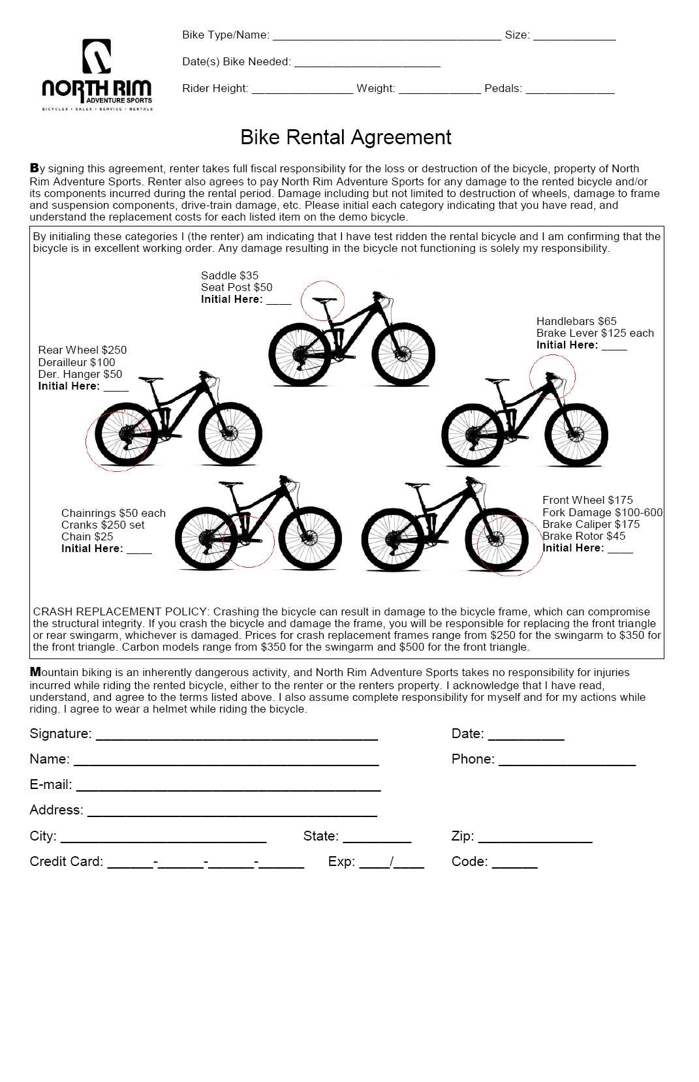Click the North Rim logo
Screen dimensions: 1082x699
pos(97,74)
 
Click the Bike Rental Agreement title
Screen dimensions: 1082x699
pos(345,137)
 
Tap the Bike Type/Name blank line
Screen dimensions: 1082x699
pos(386,37)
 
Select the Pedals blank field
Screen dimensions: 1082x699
pos(569,89)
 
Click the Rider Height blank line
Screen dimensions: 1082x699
pos(302,89)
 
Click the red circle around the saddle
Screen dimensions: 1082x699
pos(322,301)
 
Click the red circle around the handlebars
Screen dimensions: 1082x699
pos(552,377)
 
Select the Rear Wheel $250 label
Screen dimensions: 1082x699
pos(82,350)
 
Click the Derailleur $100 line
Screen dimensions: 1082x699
pos(76,362)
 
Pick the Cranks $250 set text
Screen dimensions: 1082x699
pos(102,525)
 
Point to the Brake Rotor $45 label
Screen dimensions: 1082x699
pos(583,536)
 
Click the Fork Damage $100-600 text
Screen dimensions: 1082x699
pos(602,512)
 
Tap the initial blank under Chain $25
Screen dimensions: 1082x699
pos(139,549)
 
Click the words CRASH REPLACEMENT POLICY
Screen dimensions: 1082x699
pos(120,611)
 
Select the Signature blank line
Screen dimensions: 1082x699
pos(236,735)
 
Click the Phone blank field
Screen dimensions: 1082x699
pos(567,760)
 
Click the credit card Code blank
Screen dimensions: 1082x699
pos(514,863)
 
